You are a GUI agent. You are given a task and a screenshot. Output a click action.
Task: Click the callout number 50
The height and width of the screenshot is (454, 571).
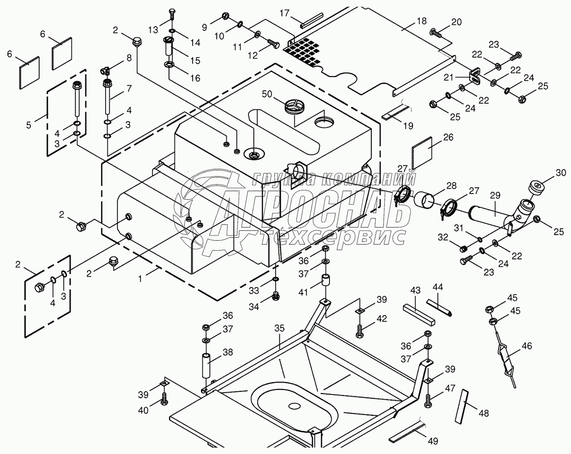point(267,94)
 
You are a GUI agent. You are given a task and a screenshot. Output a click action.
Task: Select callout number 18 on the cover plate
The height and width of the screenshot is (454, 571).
point(421,21)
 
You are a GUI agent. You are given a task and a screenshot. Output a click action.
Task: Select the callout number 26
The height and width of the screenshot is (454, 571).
point(448,137)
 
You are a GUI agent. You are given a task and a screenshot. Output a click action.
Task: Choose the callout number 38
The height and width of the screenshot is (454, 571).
point(228,352)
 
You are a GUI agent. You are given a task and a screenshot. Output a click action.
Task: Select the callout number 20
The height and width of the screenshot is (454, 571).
point(456,22)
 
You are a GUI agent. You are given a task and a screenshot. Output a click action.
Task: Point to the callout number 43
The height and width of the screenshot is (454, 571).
point(416,291)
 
